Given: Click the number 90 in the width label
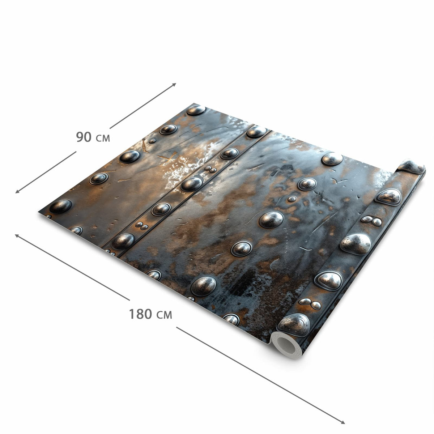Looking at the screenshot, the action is (x=84, y=137).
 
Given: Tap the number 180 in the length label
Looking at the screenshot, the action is (x=141, y=314).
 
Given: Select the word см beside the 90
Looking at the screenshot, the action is (x=103, y=138).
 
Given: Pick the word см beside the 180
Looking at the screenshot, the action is (x=164, y=315).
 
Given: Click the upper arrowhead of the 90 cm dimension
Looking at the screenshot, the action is (x=174, y=84).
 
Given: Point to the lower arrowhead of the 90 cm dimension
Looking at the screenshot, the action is (x=17, y=192).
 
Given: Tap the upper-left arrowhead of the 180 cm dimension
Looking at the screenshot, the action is (x=17, y=235).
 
